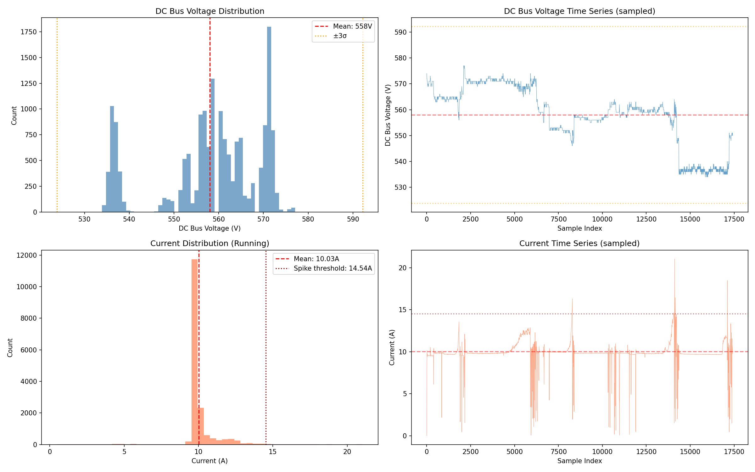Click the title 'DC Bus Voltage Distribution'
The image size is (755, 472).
[210, 11]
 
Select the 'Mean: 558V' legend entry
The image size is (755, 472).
[343, 26]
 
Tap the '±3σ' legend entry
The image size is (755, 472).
[331, 36]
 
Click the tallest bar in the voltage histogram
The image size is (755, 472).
[269, 120]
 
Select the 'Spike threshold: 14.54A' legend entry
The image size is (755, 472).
[324, 268]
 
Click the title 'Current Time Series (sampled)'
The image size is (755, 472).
[579, 244]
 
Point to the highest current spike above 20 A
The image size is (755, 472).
[674, 259]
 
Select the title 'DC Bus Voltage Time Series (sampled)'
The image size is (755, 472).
[579, 11]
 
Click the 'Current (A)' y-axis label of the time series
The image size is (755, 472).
[392, 347]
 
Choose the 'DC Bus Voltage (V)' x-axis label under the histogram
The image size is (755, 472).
[210, 228]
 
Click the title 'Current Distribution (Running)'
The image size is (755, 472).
[210, 244]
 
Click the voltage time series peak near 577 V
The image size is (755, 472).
[464, 66]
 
